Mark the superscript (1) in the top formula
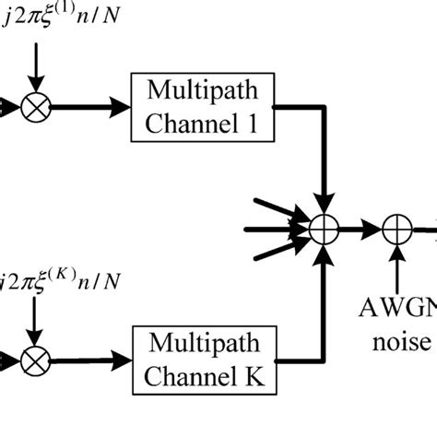(x=63, y=9)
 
